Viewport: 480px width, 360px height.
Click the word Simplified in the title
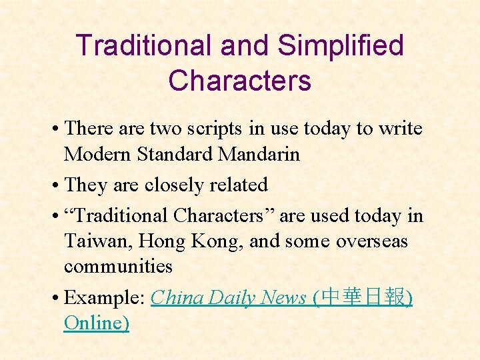coord(340,46)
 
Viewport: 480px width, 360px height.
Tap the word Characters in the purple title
coord(239,81)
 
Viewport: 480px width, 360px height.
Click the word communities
coord(118,266)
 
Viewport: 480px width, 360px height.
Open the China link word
coord(177,297)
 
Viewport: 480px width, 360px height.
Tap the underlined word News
coord(285,297)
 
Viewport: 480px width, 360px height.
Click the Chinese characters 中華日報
coord(363,297)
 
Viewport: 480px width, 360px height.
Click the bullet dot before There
coord(57,129)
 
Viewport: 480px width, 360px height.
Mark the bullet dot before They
coord(57,185)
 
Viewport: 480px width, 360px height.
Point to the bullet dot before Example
coord(57,298)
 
